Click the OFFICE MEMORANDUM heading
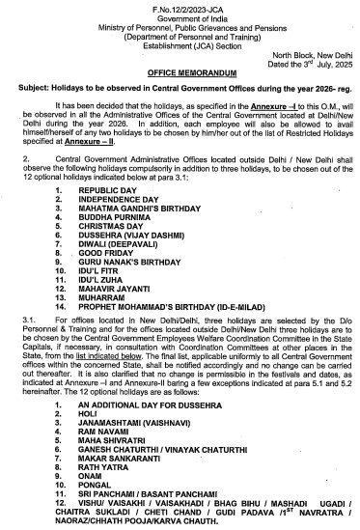(180, 72)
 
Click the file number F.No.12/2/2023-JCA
(180, 6)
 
